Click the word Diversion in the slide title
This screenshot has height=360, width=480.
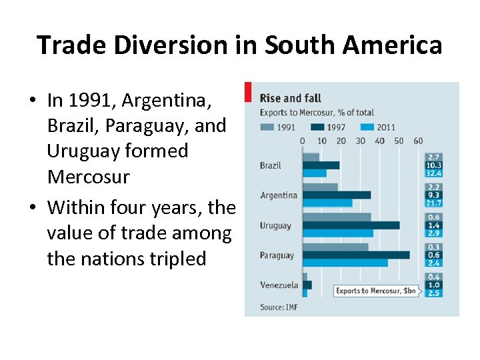189,45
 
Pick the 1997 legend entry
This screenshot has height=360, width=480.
331,127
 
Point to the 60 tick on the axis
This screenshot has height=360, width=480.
418,141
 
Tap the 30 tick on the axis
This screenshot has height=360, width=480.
361,141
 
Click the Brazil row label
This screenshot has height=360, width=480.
270,165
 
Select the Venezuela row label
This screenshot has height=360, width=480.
279,285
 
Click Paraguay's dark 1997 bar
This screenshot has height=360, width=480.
356,255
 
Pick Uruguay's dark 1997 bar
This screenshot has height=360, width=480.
351,225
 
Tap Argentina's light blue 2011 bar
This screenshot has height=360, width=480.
327,203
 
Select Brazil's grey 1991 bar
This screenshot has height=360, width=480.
311,157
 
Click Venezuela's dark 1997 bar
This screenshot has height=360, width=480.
307,285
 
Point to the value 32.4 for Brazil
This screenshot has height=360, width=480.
434,173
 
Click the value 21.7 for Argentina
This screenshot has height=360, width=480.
434,203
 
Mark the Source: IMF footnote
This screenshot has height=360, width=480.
279,307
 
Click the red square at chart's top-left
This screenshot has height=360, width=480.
248,91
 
